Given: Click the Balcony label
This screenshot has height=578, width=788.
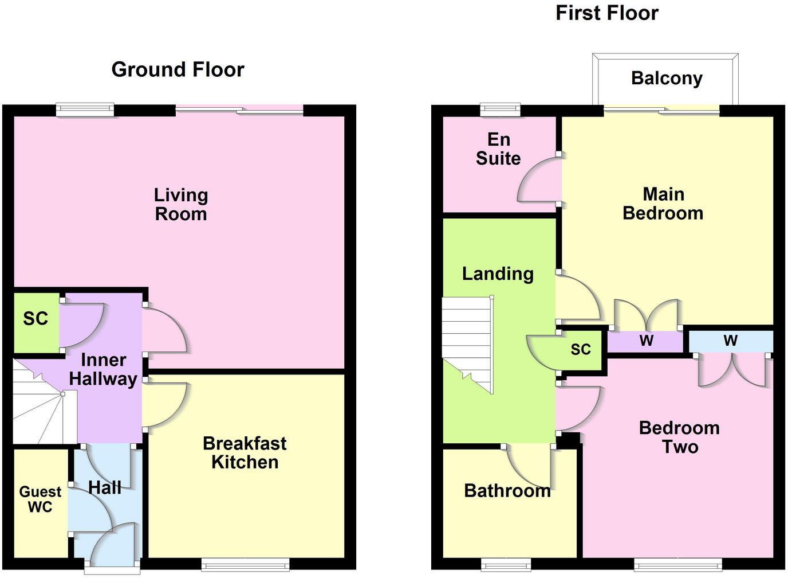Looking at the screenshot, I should (667, 79).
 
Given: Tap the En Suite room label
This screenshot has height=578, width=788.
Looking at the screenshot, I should (498, 149).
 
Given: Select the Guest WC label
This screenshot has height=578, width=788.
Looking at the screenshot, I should (40, 499).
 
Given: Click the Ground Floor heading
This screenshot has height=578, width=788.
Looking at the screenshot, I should (178, 69).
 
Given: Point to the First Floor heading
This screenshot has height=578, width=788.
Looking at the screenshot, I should (607, 13).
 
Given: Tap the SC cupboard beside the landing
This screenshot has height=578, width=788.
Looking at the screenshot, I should (580, 349).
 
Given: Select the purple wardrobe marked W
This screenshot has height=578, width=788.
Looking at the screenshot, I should (646, 342).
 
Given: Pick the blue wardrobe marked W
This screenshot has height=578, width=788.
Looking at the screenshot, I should (730, 341).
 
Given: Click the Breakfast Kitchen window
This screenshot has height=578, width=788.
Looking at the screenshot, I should (245, 564).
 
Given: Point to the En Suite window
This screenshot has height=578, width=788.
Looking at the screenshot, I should (500, 109).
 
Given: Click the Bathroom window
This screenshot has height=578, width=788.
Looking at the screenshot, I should (506, 564).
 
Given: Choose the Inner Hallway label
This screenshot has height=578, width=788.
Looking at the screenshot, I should (103, 369).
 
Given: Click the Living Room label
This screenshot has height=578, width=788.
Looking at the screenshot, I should (181, 204).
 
